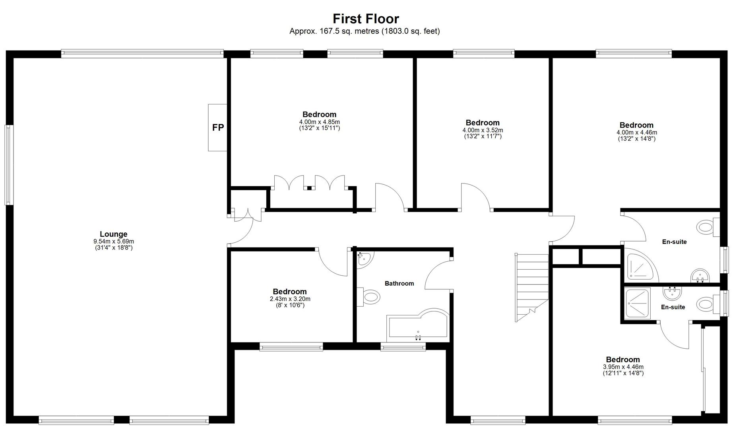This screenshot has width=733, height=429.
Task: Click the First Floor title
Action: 366,19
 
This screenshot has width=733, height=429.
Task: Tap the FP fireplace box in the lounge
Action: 217,128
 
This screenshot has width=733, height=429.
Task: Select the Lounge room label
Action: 114,234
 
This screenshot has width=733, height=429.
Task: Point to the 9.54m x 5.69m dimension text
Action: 114,242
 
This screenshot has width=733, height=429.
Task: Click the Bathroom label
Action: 399,283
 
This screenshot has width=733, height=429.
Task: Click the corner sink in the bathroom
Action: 364,259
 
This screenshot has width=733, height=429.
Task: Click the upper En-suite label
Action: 674,242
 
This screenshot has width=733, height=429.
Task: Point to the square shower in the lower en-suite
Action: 637,303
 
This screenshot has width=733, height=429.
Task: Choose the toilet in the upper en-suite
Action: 708,227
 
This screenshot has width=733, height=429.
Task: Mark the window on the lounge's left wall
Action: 9,165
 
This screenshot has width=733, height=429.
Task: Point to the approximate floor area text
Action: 365,31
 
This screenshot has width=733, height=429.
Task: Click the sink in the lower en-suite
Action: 672,293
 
